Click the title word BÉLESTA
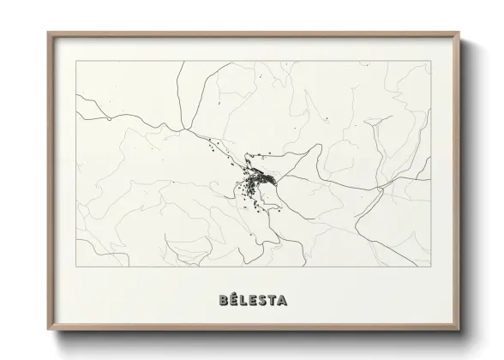coord(253,301)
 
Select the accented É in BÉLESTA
coord(234,301)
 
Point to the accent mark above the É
coord(234,294)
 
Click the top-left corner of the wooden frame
coord(48,33)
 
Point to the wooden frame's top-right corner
coord(459,33)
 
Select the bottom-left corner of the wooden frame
coord(48,328)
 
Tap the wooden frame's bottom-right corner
coord(459,328)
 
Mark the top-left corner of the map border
coord(76,61)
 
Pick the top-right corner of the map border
coord(430,61)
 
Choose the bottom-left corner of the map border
coord(76,267)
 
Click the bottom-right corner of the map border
coord(430,267)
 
